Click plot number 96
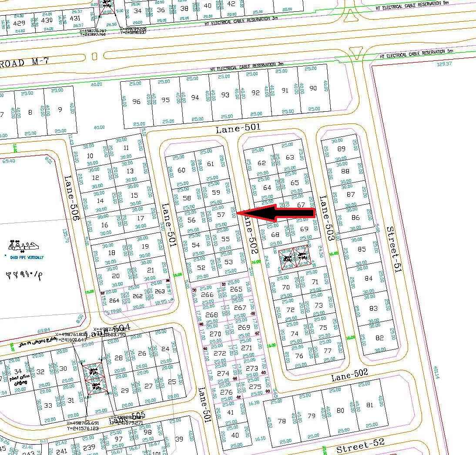click(136, 101)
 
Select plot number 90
click(313, 88)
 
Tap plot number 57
click(221, 215)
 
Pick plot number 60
click(182, 170)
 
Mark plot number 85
click(362, 249)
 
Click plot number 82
click(379, 338)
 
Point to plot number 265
click(236, 289)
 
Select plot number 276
click(226, 392)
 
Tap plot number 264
click(114, 300)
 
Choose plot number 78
click(282, 421)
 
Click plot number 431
click(75, 18)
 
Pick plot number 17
click(140, 218)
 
